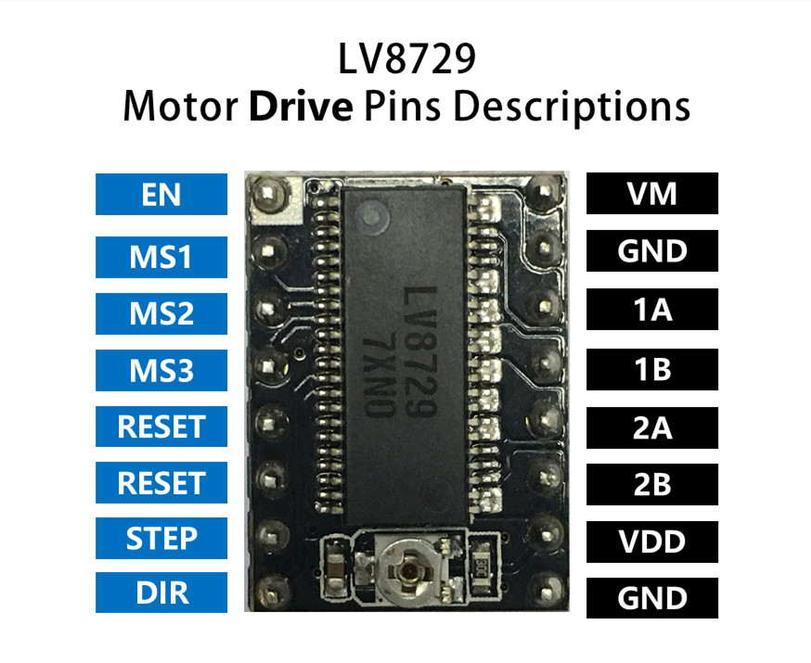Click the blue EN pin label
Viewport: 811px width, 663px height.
(161, 195)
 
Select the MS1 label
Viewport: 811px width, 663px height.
(161, 255)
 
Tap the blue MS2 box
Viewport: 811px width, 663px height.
(161, 312)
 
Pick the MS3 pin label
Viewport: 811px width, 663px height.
(161, 370)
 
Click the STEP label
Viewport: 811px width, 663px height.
(161, 539)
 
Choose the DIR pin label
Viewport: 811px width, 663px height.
(161, 593)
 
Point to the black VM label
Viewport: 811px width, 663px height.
(651, 195)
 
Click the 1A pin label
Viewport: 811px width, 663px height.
(651, 310)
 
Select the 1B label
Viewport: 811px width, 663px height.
(651, 369)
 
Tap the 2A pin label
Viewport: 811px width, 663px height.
(651, 427)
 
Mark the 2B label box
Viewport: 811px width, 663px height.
(651, 484)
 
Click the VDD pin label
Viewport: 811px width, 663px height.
(651, 542)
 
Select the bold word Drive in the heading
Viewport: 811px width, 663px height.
(301, 108)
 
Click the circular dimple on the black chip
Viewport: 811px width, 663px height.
(373, 220)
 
